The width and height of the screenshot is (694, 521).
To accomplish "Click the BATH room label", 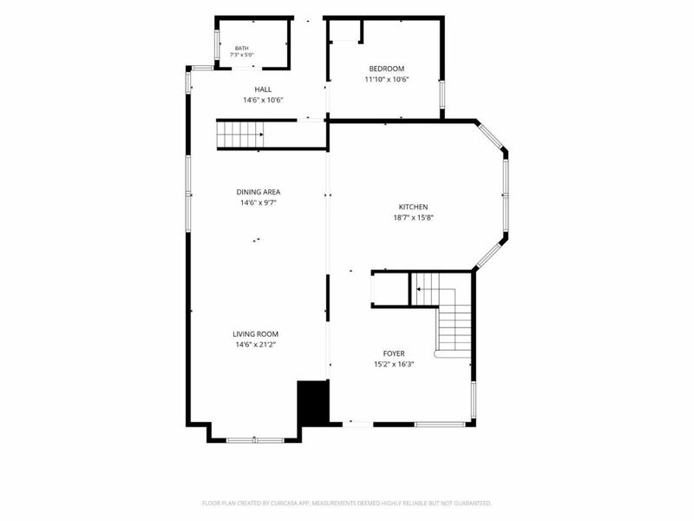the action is [x=242, y=48].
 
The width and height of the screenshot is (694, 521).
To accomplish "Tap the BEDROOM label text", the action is [x=386, y=69].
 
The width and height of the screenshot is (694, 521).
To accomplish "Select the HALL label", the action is [x=263, y=89].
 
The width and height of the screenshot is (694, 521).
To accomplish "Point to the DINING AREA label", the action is [x=258, y=192].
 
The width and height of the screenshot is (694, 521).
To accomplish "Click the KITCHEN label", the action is [x=413, y=207].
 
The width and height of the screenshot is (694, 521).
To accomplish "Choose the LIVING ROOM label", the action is [x=255, y=334].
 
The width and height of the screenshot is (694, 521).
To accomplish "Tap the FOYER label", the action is [x=394, y=353].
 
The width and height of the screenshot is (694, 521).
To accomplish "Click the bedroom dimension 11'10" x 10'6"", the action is [x=386, y=80].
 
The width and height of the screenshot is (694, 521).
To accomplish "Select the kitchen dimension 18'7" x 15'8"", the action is [x=413, y=218].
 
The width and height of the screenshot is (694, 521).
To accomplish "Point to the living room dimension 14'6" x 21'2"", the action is [x=255, y=345].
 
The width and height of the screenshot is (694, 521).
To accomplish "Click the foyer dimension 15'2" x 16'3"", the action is [x=394, y=364].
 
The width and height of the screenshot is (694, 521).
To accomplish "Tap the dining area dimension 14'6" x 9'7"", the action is [x=258, y=203].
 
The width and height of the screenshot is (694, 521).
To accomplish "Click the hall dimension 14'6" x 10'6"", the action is [x=263, y=100].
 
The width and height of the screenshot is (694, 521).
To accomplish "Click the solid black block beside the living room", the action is [x=313, y=404].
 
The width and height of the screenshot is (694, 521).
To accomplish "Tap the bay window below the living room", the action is [x=255, y=440].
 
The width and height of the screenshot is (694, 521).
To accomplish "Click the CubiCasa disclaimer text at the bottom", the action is [x=346, y=504].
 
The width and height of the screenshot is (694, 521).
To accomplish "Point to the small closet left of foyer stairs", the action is [x=390, y=289].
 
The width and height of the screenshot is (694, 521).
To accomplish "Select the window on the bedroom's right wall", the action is [x=442, y=95].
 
